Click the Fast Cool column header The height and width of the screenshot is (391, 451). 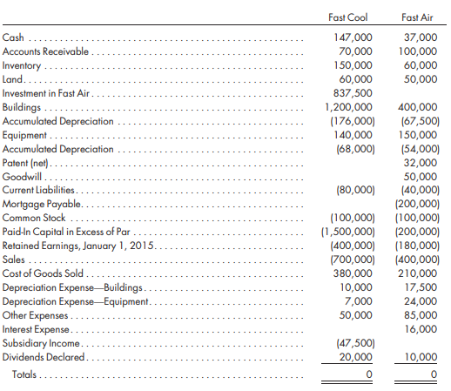pos(347,17)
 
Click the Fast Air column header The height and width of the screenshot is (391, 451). pos(417,17)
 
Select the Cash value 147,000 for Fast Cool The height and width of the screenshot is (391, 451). pos(353,37)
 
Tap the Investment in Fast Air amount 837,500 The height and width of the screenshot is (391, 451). pos(353,93)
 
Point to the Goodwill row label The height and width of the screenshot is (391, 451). pos(22,177)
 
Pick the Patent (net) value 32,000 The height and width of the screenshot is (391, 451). pos(421,163)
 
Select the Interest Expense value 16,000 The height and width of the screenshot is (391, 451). pos(421,329)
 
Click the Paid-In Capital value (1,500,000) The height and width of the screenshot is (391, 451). pos(348,232)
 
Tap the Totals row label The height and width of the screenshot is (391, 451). pos(24,374)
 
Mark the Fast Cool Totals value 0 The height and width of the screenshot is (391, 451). pos(369,374)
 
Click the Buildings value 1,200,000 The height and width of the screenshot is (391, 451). pos(348,107)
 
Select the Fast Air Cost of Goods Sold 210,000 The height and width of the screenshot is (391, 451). pos(417,273)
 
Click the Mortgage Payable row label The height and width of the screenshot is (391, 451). pos(42,204)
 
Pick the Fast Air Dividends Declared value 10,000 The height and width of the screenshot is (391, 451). pos(421,357)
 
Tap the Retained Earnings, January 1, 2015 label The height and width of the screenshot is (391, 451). pos(77,246)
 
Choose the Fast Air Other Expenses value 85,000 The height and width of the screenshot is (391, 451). pos(421,315)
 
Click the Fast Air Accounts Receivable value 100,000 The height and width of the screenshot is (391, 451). pos(418,51)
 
